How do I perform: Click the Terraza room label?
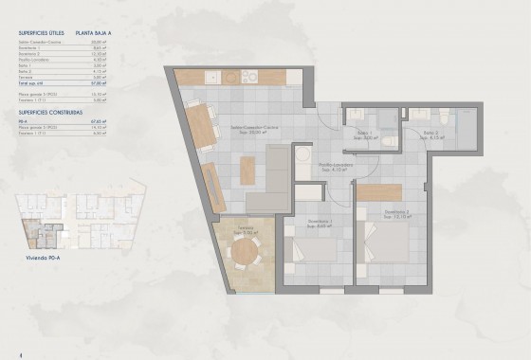[x=247, y=230]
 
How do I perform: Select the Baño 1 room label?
[x=361, y=135]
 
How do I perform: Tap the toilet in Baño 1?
[x=389, y=139]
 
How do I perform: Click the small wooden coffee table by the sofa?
[x=247, y=171]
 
